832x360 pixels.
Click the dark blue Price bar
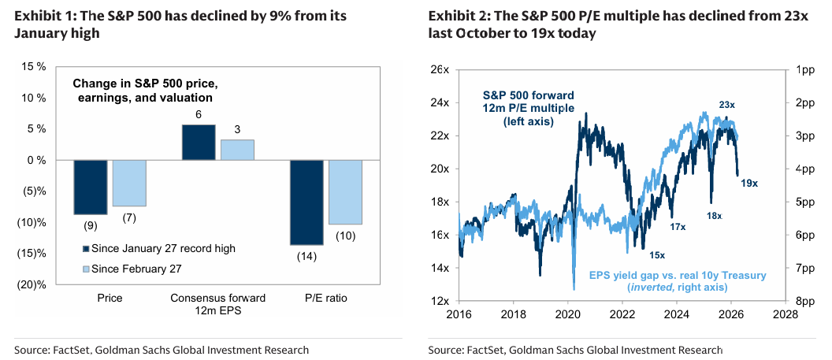[x=91, y=187]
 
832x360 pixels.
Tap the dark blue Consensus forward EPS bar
[x=198, y=143]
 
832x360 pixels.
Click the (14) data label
[x=306, y=256]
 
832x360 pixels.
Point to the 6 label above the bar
[x=199, y=115]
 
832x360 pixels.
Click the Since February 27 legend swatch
[x=86, y=269]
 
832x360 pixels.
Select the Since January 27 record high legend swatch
[x=86, y=248]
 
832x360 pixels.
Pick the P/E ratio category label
[x=325, y=299]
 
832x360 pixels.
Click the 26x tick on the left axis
[x=440, y=70]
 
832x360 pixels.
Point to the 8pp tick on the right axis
[x=805, y=301]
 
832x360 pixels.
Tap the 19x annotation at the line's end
[x=748, y=183]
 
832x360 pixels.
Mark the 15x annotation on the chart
[x=657, y=254]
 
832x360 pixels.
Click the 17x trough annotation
[x=677, y=226]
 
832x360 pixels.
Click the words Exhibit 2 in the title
[x=459, y=16]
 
